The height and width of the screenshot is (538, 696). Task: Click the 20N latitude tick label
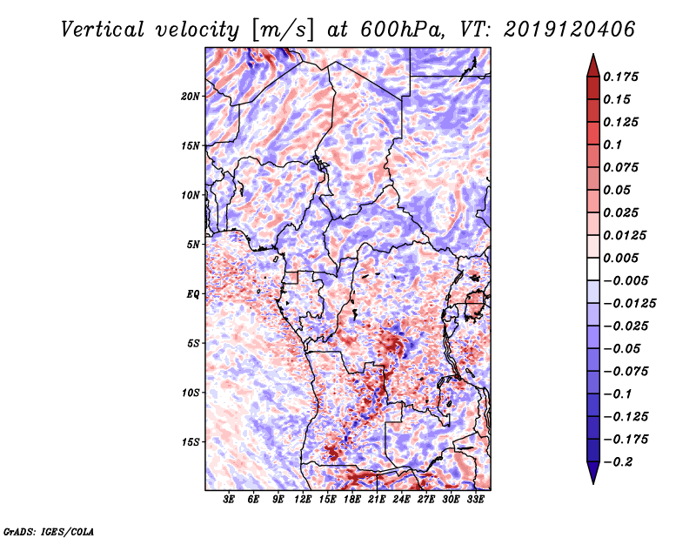click(x=191, y=96)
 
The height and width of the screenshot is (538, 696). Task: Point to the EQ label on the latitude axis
click(x=193, y=293)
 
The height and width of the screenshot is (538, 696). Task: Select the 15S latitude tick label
click(x=191, y=441)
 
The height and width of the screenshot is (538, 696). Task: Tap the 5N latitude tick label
click(x=194, y=244)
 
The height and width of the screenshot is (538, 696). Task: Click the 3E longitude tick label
click(x=230, y=500)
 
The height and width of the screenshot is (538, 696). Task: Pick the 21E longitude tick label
click(x=378, y=500)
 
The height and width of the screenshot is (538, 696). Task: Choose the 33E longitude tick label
click(x=476, y=500)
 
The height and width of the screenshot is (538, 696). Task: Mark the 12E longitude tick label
click(x=304, y=500)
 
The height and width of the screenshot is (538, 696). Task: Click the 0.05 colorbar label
click(x=619, y=190)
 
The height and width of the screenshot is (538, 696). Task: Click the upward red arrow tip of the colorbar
click(x=592, y=59)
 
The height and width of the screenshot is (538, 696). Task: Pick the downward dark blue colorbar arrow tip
click(x=592, y=478)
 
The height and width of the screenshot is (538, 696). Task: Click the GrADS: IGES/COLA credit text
click(x=48, y=530)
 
